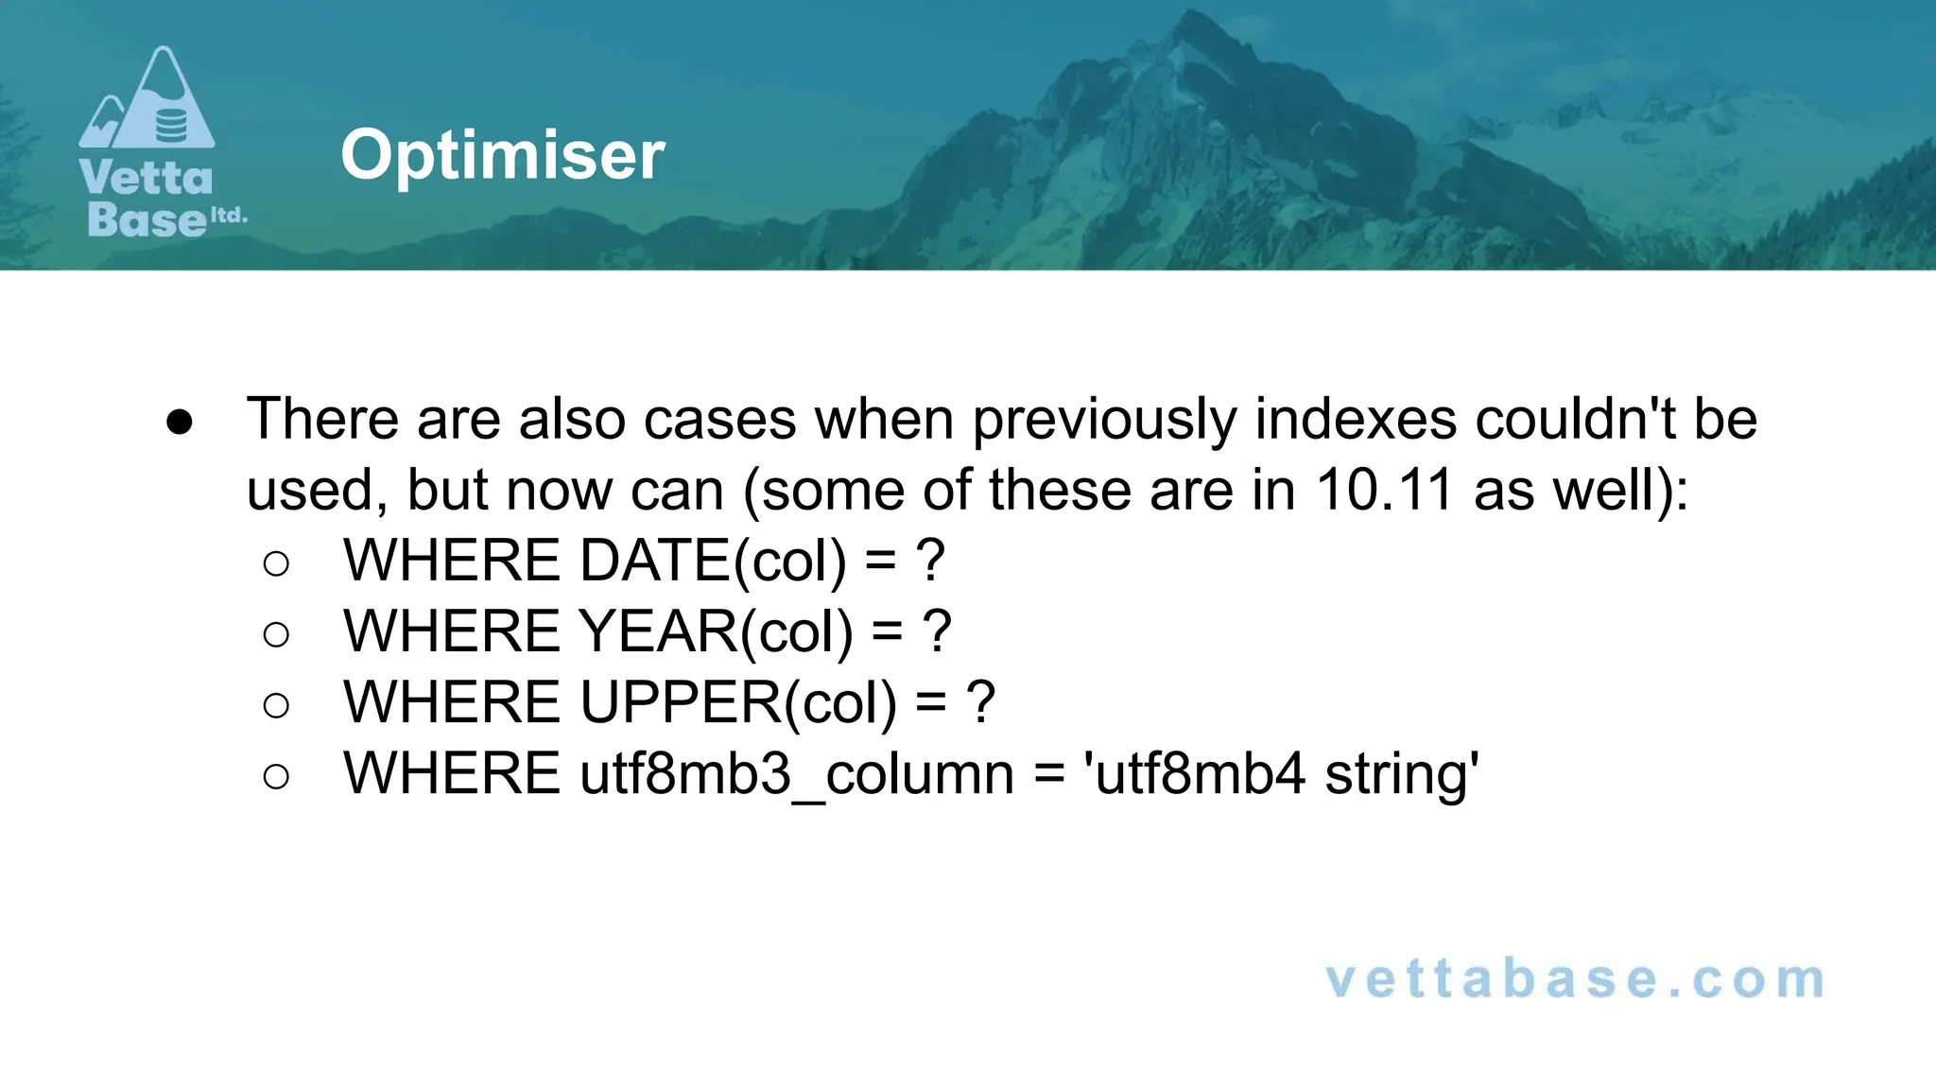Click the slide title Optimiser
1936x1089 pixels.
point(502,155)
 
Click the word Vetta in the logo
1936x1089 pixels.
point(147,178)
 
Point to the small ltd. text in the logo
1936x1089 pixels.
point(228,216)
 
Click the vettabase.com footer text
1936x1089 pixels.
point(1575,979)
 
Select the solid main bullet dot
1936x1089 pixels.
point(180,422)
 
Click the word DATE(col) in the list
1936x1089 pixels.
point(713,561)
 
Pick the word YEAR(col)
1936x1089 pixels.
point(716,631)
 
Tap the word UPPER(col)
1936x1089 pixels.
point(738,702)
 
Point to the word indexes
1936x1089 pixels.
point(1356,419)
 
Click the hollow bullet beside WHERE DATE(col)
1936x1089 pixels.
point(276,563)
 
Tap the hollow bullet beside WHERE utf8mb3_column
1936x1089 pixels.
point(276,776)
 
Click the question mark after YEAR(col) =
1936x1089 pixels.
point(936,631)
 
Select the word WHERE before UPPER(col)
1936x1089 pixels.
point(452,702)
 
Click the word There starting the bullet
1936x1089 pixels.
point(322,419)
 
